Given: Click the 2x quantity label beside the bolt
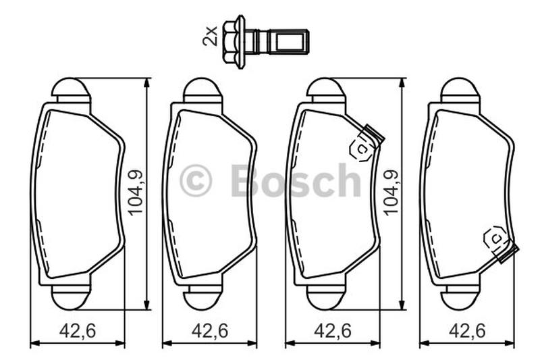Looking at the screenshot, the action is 210,36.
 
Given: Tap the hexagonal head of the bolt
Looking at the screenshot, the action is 234,42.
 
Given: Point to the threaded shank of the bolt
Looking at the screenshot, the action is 281,42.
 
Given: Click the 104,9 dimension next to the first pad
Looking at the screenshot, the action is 136,193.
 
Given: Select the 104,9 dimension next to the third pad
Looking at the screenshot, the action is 391,193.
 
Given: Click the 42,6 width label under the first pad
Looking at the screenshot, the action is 78,331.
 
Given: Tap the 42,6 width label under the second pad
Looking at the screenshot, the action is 210,331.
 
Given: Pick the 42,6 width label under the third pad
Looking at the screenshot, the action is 333,331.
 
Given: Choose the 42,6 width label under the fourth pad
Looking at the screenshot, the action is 467,331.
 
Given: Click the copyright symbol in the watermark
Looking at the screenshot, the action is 196,180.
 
